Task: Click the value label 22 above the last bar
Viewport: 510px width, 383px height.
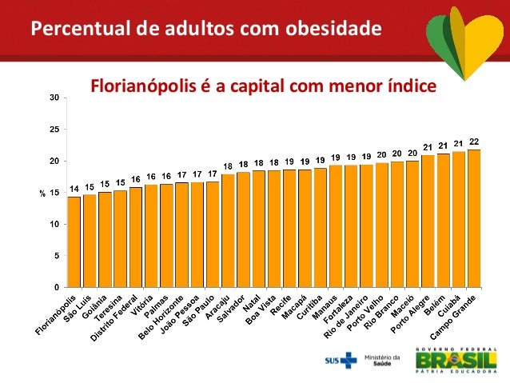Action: point(474,142)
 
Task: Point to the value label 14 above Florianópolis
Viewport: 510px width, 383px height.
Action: point(74,189)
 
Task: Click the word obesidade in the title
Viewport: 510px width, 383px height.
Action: point(333,30)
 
